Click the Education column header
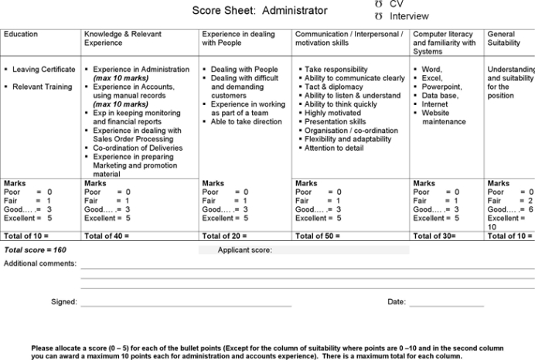coord(21,35)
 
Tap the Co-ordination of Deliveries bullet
coord(138,148)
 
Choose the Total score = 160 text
coord(35,250)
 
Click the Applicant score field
coord(340,250)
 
